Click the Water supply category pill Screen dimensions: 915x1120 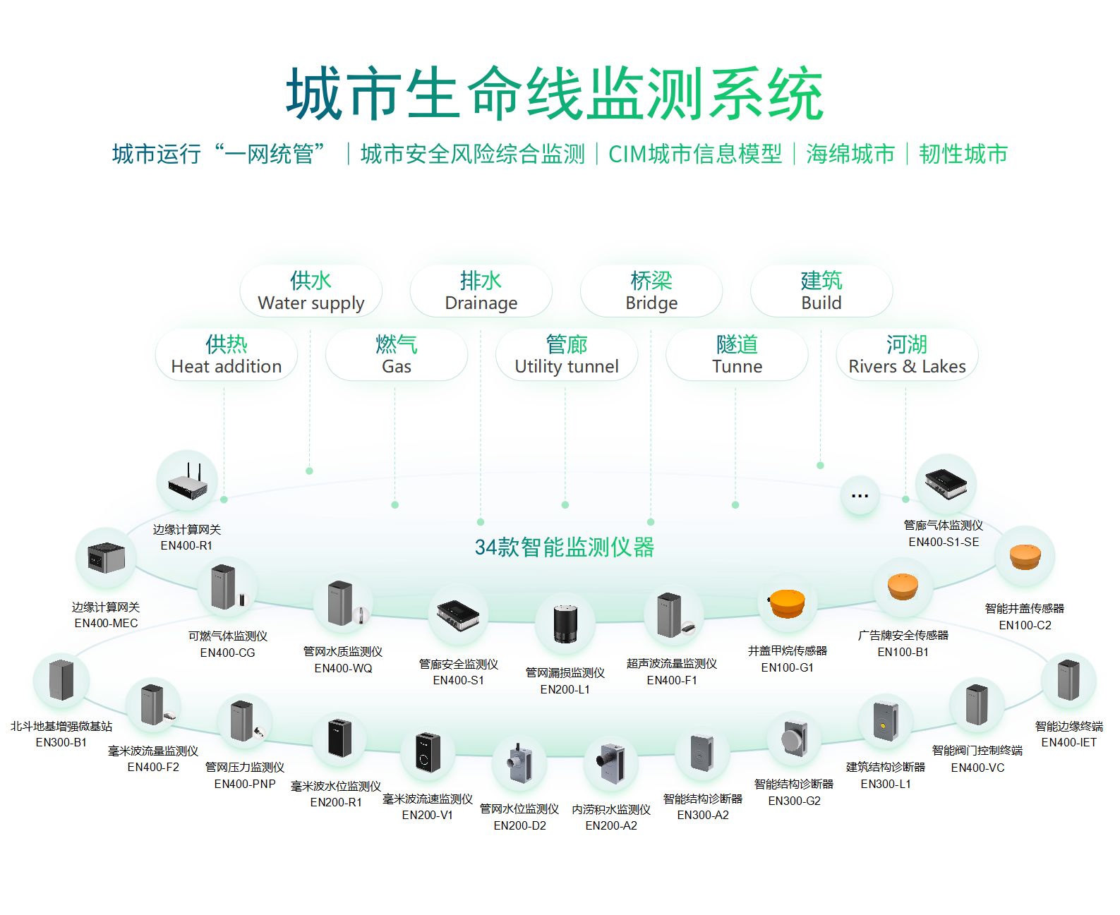click(311, 291)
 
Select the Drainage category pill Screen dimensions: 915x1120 click(481, 291)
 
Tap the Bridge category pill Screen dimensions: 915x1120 click(651, 291)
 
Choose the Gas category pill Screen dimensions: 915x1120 click(396, 355)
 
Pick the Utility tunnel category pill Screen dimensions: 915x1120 click(566, 355)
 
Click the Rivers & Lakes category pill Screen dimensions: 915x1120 click(906, 355)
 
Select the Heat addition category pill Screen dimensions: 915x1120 click(226, 355)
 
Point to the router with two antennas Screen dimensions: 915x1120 click(188, 481)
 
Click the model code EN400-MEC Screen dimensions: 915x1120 click(106, 623)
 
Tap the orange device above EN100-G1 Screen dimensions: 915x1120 click(787, 603)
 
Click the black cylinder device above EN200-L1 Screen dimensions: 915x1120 click(565, 623)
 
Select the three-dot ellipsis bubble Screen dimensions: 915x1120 click(860, 495)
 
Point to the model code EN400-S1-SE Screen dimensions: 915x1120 click(944, 542)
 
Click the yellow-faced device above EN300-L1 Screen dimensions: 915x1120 click(885, 722)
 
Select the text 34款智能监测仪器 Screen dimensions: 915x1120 click(565, 547)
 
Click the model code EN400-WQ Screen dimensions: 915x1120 click(343, 668)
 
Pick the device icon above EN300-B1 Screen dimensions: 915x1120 click(61, 681)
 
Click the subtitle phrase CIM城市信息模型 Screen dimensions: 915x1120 click(695, 154)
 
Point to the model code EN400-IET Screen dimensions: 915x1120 click(1068, 742)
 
